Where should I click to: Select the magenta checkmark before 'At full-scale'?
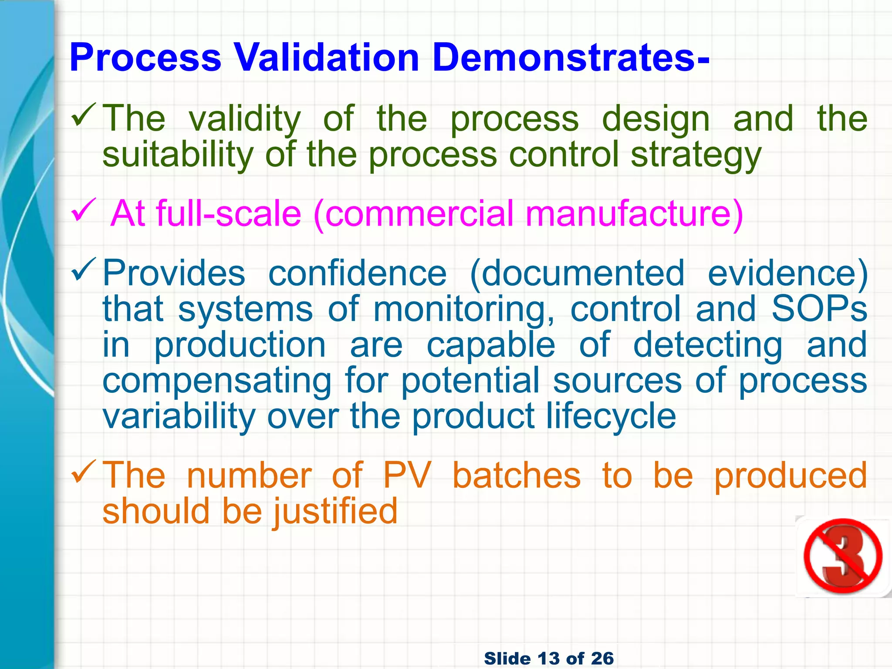point(83,209)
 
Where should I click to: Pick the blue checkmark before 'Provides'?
point(83,269)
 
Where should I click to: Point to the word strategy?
point(696,155)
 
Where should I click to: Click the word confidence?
point(358,273)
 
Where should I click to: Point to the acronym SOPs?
point(819,309)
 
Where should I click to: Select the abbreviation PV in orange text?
point(407,475)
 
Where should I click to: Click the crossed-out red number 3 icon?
point(843,556)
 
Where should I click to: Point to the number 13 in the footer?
point(550,658)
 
